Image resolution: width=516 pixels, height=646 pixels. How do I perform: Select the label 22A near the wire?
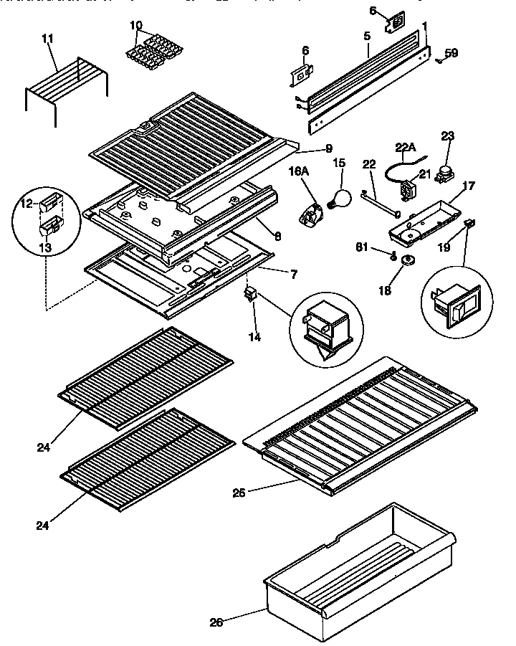coord(404,148)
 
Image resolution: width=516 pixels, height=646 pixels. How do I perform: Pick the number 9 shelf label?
coord(328,149)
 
